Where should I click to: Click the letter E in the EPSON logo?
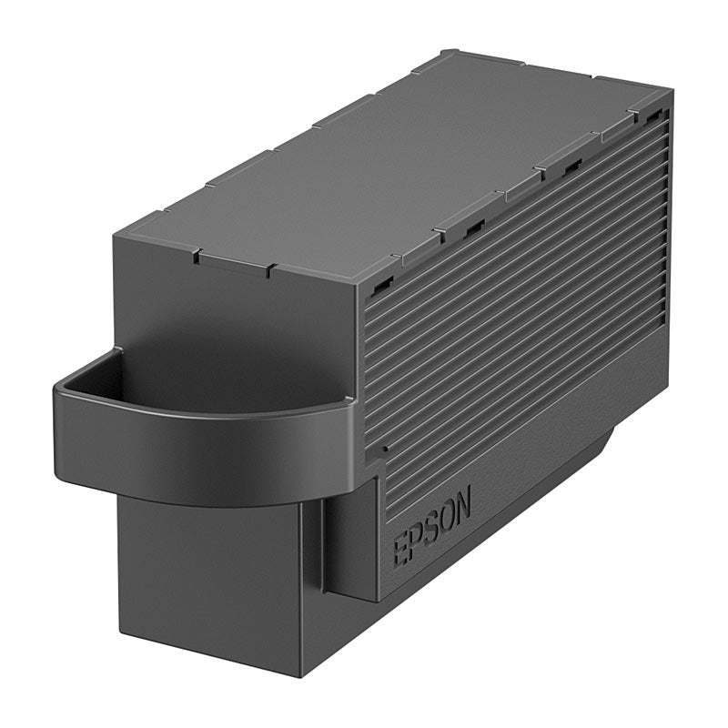pos(400,551)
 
